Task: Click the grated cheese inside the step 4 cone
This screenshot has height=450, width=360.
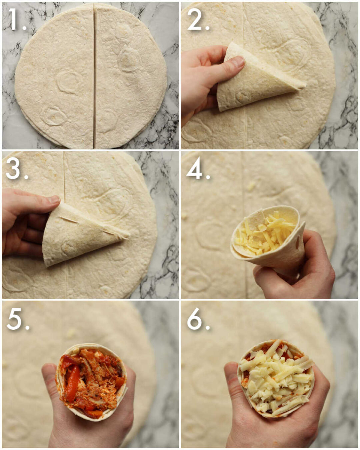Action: click(263, 233)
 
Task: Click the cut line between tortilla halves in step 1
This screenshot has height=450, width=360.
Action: click(94, 77)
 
